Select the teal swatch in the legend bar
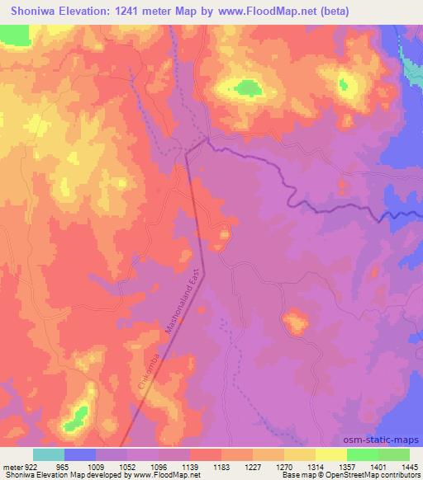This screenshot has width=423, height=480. pos(49,454)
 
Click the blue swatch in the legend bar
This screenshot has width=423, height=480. pos(80,454)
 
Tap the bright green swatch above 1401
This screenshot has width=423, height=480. pos(363,454)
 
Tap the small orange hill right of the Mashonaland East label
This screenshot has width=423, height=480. pos(221,238)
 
